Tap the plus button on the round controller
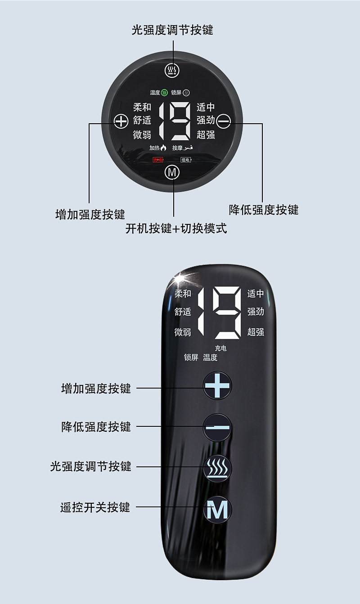pos(121,121)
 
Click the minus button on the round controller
pos(224,121)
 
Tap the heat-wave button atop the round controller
pos(172,70)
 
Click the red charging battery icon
pos(158,160)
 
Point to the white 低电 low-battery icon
pos(185,160)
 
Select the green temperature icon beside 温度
pos(165,93)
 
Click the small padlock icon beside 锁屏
pos(186,93)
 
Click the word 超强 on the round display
pos(206,134)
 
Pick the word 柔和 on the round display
pos(142,107)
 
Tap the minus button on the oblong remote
pos(217,427)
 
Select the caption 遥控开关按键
pos(95,507)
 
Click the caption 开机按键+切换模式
pos(176,228)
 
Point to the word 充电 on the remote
pos(220,348)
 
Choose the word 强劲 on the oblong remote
pos(256,312)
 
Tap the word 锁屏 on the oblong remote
pos(191,358)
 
